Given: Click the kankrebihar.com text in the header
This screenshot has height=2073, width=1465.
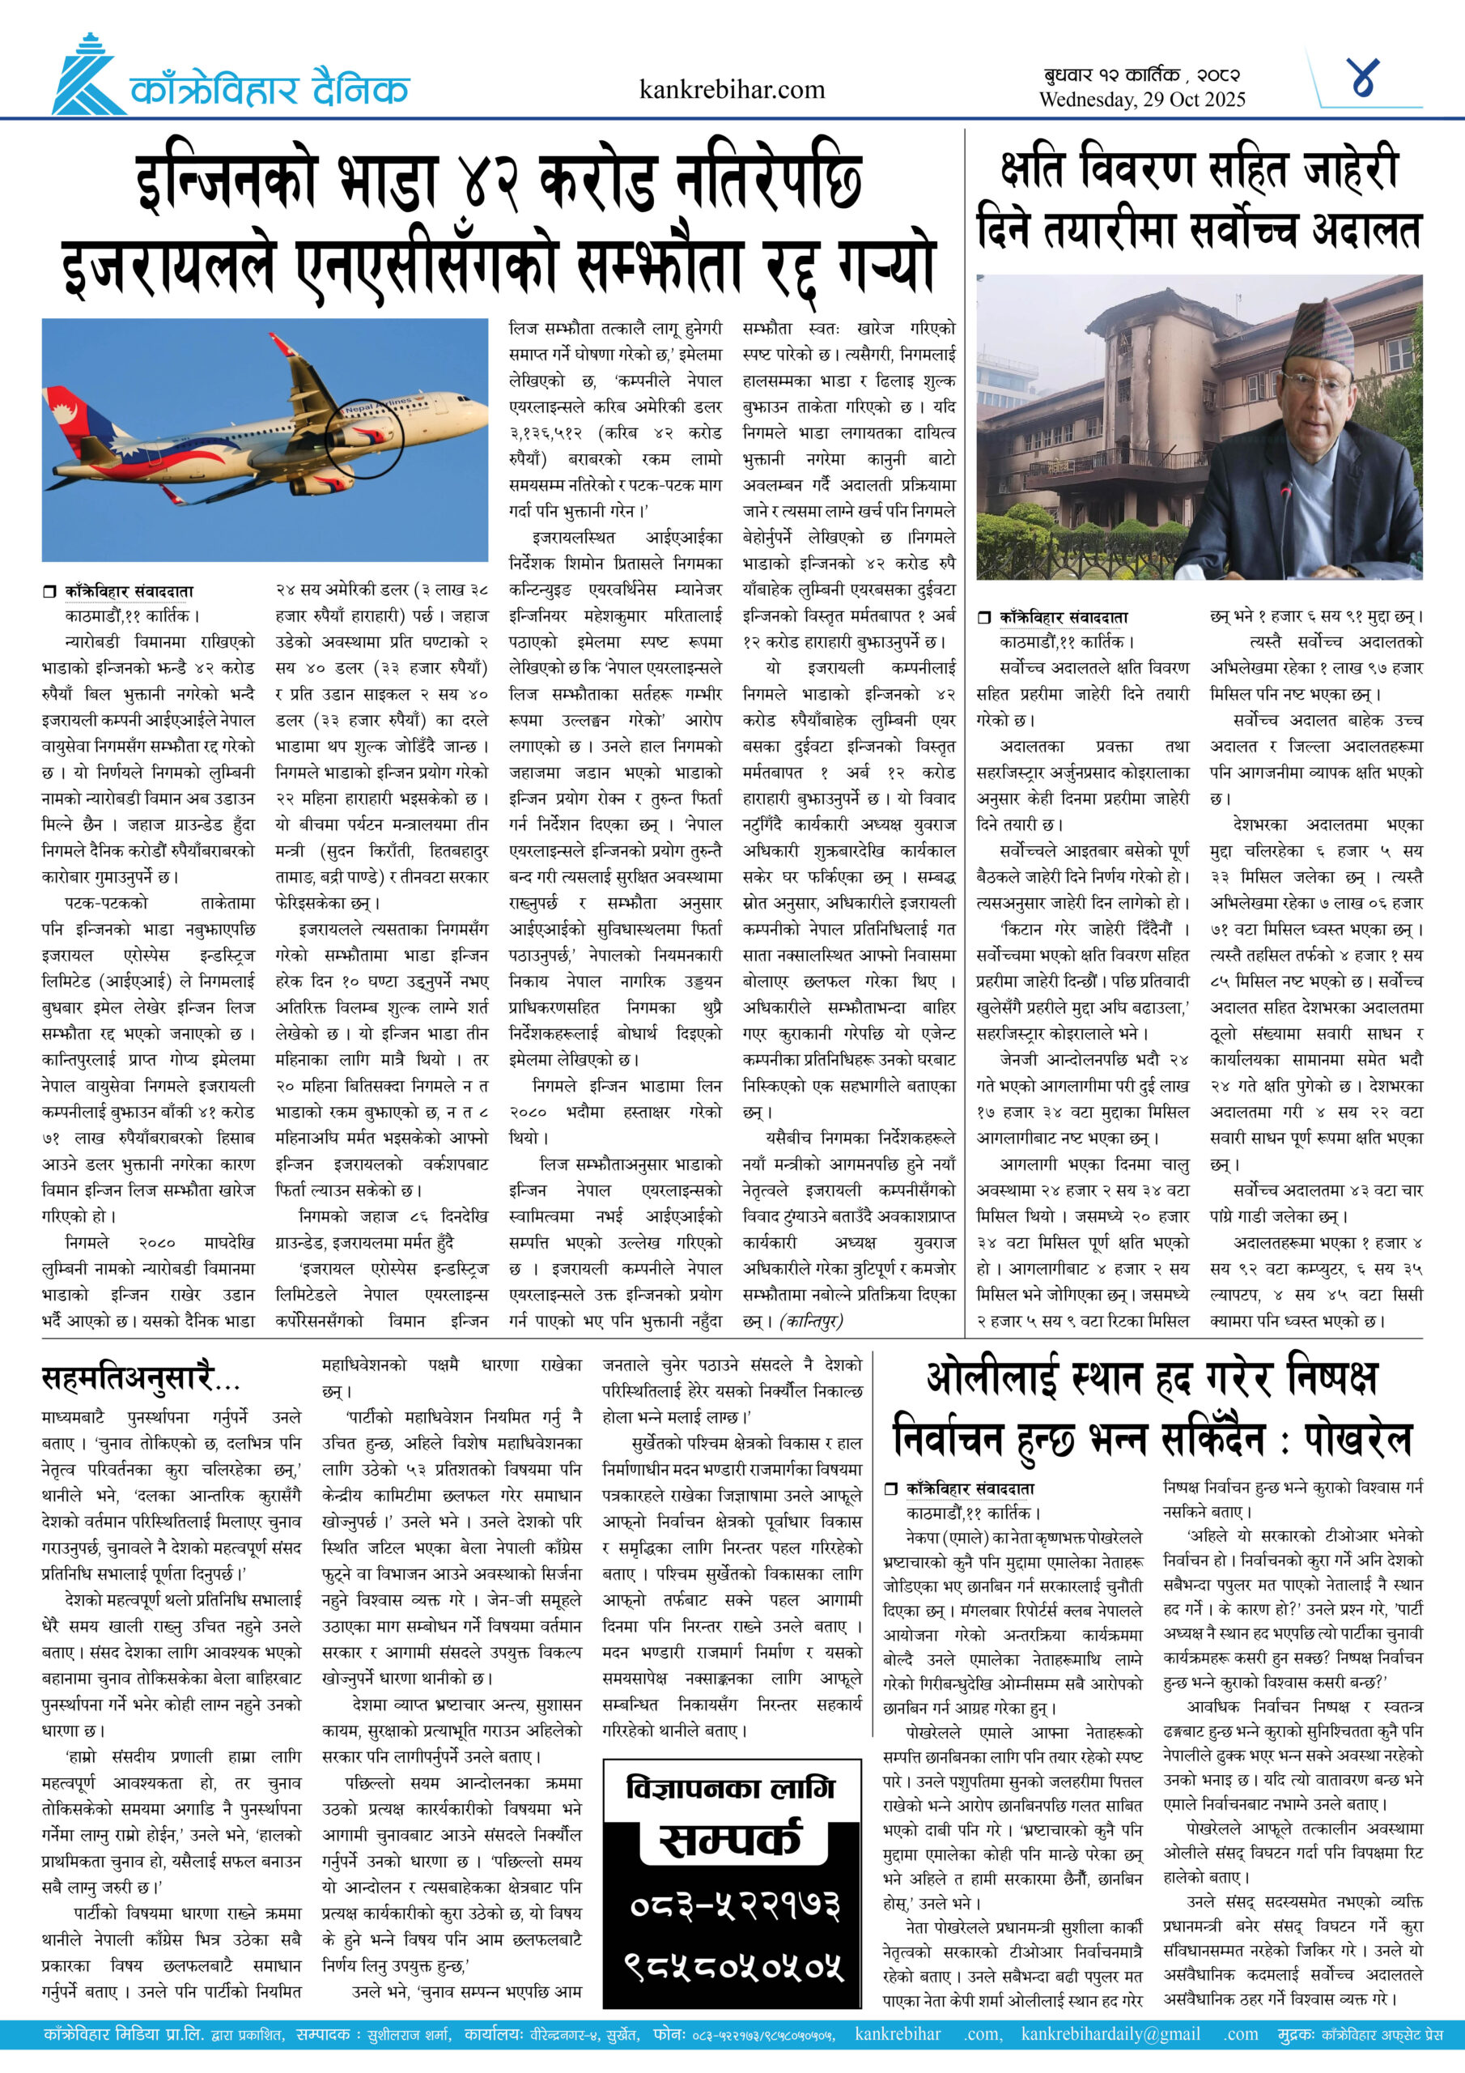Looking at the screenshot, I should pyautogui.click(x=731, y=89).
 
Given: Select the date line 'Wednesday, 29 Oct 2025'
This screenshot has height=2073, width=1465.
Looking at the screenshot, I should pyautogui.click(x=1142, y=100).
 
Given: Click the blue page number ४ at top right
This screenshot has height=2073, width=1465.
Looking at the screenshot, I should pyautogui.click(x=1363, y=78).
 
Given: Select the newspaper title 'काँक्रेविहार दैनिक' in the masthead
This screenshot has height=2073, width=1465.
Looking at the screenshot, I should pyautogui.click(x=269, y=90).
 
